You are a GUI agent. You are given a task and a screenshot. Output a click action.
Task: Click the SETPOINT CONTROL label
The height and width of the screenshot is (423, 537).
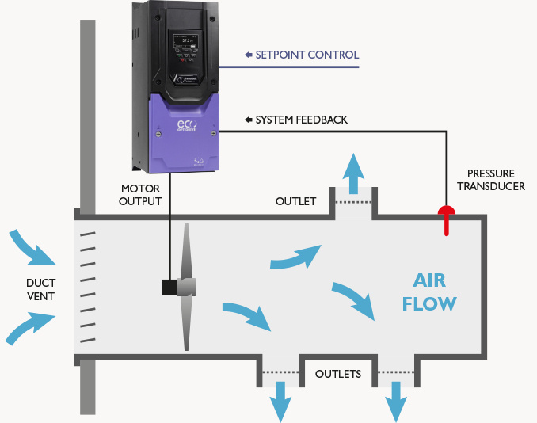tap(307, 55)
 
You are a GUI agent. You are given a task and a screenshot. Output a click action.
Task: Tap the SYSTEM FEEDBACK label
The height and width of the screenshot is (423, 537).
tap(301, 120)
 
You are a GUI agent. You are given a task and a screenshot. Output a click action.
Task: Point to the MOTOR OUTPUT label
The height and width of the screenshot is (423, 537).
tap(141, 195)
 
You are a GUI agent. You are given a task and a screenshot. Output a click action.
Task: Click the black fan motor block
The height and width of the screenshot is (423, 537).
tap(170, 287)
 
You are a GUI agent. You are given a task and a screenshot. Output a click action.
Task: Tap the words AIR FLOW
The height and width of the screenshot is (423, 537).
tap(428, 292)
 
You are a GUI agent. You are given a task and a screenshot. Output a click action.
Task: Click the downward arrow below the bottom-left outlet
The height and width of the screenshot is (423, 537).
tap(280, 400)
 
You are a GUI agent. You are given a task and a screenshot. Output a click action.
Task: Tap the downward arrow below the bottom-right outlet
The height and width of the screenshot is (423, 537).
tap(396, 400)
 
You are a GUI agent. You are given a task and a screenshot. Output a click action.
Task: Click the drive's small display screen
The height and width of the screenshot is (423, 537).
tap(188, 40)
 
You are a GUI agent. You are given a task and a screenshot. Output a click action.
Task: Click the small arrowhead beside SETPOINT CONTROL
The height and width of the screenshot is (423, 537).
tap(248, 55)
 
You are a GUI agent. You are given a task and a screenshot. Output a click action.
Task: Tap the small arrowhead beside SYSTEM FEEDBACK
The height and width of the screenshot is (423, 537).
tap(248, 120)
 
